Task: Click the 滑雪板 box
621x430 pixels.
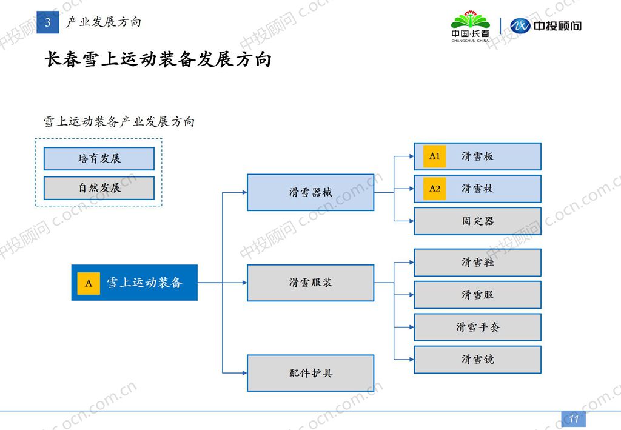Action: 477,156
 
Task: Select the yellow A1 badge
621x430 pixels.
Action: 435,156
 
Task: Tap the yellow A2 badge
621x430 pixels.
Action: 435,189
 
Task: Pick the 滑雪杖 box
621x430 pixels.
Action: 477,189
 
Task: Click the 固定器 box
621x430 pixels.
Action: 477,221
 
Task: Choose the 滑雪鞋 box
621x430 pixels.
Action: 477,263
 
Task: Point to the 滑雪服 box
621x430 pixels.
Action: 477,295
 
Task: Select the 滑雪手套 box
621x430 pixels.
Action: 477,328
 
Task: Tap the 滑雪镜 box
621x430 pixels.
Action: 477,360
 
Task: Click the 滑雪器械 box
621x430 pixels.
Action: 310,193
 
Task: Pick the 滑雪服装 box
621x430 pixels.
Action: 310,283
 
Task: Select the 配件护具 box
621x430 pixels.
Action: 310,373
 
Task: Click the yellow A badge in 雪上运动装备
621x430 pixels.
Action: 89,283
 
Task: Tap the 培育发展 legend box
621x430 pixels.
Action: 99,159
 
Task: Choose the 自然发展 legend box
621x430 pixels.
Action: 99,188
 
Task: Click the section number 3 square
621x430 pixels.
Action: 48,23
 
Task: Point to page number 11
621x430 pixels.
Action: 573,419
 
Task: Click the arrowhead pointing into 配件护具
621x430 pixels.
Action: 244,373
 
